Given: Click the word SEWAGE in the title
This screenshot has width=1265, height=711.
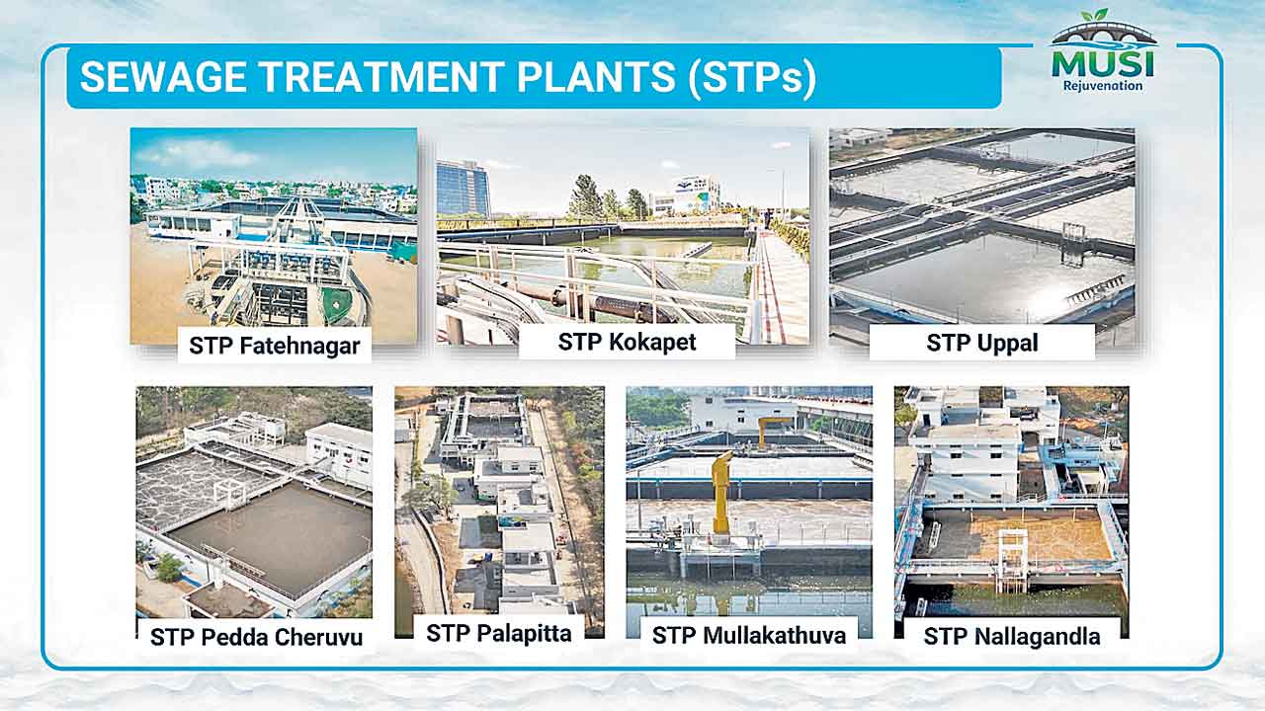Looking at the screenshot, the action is (x=164, y=76).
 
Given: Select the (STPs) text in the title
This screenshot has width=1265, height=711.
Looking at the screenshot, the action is (x=752, y=78).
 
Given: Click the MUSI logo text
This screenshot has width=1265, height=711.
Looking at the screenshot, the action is (x=1102, y=65).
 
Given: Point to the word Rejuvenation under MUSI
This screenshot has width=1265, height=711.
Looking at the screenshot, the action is (x=1103, y=86).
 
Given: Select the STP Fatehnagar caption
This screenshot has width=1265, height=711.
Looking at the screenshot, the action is (x=275, y=346).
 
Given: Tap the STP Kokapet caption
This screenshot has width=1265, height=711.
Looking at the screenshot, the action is (x=627, y=342).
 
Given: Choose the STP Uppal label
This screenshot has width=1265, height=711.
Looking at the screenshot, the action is (x=982, y=343).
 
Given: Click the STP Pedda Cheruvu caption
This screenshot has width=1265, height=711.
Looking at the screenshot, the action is (x=256, y=637).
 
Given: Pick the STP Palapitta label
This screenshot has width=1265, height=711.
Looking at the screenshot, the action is (x=499, y=633).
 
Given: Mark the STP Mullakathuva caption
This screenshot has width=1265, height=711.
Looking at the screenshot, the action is (x=749, y=635).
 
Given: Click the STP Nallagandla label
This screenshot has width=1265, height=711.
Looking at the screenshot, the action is (x=1012, y=636).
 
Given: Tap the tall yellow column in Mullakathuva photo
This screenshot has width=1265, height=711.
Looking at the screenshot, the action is (x=720, y=492).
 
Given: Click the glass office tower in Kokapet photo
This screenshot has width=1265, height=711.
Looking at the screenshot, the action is (x=464, y=188).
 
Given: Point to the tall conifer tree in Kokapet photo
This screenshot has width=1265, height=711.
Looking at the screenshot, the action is (x=584, y=197).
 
